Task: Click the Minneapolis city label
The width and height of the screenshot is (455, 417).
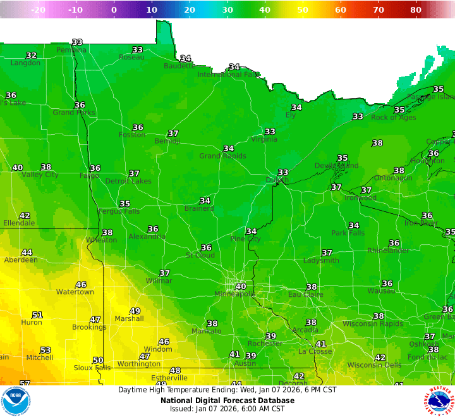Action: pyautogui.click(x=234, y=294)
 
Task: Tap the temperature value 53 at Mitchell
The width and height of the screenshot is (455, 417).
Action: pyautogui.click(x=45, y=350)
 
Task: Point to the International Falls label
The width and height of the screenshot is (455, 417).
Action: pyautogui.click(x=229, y=75)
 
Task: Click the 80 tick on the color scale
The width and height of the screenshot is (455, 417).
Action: pyautogui.click(x=416, y=9)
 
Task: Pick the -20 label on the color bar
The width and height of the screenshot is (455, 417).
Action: pyautogui.click(x=38, y=9)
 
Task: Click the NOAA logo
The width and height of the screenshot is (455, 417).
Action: pyautogui.click(x=16, y=401)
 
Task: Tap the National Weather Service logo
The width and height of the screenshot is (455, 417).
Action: pyautogui.click(x=439, y=401)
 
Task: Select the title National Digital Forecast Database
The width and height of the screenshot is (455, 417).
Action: pyautogui.click(x=227, y=400)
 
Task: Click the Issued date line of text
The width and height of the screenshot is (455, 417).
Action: pyautogui.click(x=227, y=409)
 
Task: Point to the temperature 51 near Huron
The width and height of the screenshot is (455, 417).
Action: pyautogui.click(x=37, y=315)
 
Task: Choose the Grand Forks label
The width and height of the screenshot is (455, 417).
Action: pyautogui.click(x=74, y=113)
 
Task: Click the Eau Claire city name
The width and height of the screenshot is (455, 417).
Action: pyautogui.click(x=306, y=295)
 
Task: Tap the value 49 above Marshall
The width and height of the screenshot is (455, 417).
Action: pyautogui.click(x=135, y=311)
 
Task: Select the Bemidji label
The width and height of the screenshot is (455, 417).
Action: pyautogui.click(x=167, y=141)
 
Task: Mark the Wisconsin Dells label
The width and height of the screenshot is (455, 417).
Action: pyautogui.click(x=373, y=365)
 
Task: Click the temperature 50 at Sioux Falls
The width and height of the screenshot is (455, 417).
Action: pyautogui.click(x=98, y=360)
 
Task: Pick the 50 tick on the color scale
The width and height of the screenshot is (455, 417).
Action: pyautogui.click(x=303, y=9)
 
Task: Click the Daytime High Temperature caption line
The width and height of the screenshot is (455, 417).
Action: pyautogui.click(x=227, y=390)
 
